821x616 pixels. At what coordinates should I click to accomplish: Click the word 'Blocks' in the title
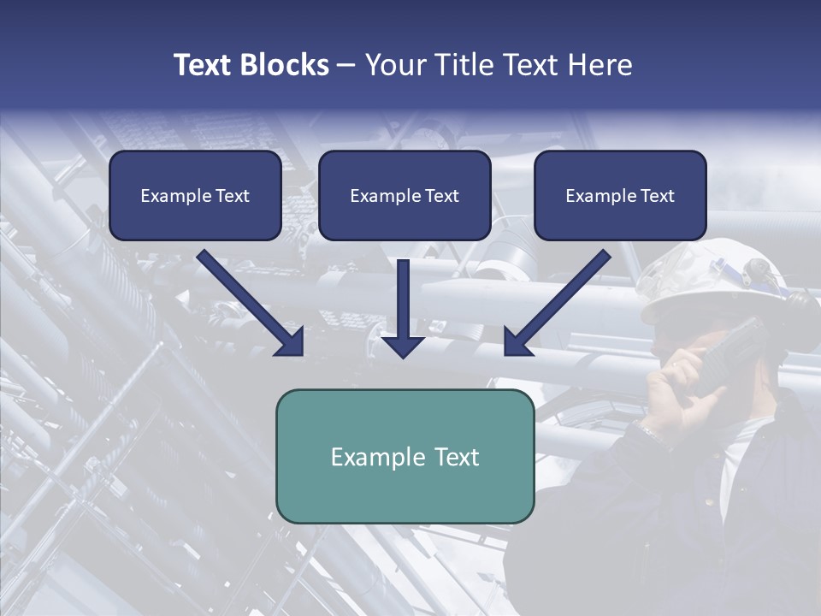tap(285, 65)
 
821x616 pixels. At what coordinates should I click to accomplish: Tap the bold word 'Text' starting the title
tap(204, 65)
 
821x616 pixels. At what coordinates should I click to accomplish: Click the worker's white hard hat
tap(718, 282)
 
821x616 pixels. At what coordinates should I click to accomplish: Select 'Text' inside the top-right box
tap(657, 196)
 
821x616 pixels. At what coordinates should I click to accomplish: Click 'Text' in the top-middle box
tap(441, 196)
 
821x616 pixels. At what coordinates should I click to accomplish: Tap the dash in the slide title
tap(346, 66)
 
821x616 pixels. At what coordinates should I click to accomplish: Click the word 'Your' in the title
tap(394, 65)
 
